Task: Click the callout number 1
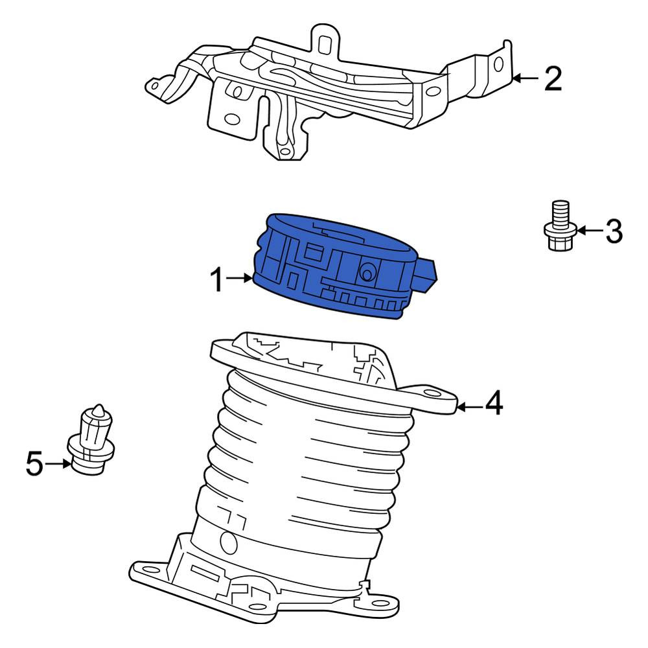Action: click(x=217, y=280)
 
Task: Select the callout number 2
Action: click(x=553, y=78)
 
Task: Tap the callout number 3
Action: click(x=614, y=231)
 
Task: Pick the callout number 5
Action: click(x=34, y=463)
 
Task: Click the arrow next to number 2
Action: click(x=526, y=78)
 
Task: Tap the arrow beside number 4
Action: click(x=469, y=408)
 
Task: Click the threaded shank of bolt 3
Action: click(x=561, y=212)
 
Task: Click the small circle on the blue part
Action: click(x=366, y=273)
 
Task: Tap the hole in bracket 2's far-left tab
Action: click(x=155, y=86)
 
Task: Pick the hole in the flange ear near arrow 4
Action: click(x=432, y=393)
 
